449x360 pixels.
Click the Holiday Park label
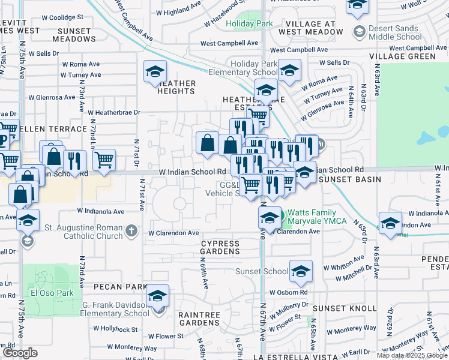250,24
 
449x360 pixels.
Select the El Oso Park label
46,294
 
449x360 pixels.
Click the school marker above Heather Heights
155,73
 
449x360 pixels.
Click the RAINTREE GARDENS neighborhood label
199,319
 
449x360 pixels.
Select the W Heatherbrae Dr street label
113,112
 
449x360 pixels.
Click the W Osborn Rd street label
288,292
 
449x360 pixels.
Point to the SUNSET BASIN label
350,179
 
